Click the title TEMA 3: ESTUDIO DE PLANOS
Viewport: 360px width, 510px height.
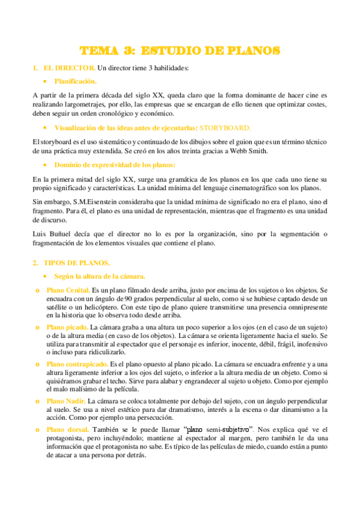pyautogui.click(x=180, y=51)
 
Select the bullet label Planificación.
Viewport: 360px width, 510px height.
pyautogui.click(x=75, y=81)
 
